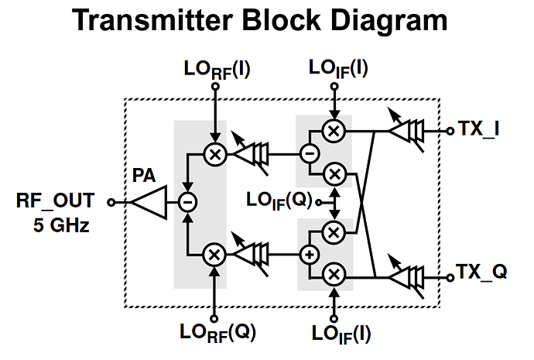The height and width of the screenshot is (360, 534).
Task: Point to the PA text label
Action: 144,177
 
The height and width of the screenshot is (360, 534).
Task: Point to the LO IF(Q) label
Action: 279,201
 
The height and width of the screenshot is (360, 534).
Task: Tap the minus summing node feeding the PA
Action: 187,202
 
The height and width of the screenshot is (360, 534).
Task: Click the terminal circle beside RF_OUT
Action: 111,202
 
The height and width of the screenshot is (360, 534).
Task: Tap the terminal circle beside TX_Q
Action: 448,274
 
